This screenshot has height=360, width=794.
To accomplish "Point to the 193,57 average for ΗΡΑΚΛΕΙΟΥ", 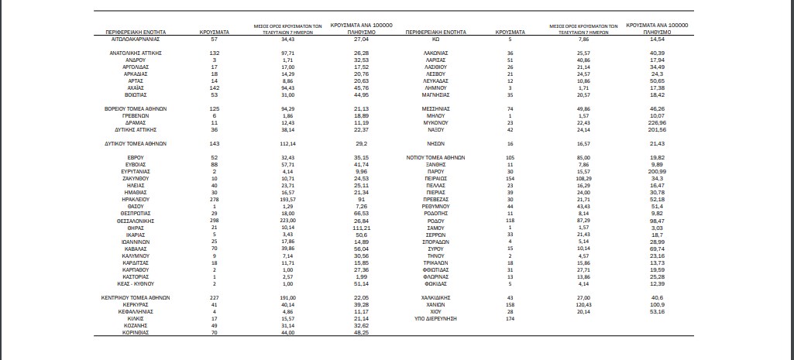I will [290, 198].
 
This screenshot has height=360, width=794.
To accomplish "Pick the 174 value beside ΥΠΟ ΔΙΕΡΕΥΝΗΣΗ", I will [510, 319].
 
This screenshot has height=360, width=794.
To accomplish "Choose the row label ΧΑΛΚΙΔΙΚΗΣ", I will [435, 297].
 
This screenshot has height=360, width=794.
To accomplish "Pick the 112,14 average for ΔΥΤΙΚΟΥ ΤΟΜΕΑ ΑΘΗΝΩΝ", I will [290, 143].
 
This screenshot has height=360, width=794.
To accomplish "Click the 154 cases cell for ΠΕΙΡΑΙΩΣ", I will [510, 177].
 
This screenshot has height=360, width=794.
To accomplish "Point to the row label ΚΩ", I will [435, 37].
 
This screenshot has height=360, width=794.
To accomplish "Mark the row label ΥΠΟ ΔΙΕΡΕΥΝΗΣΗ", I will [435, 319].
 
